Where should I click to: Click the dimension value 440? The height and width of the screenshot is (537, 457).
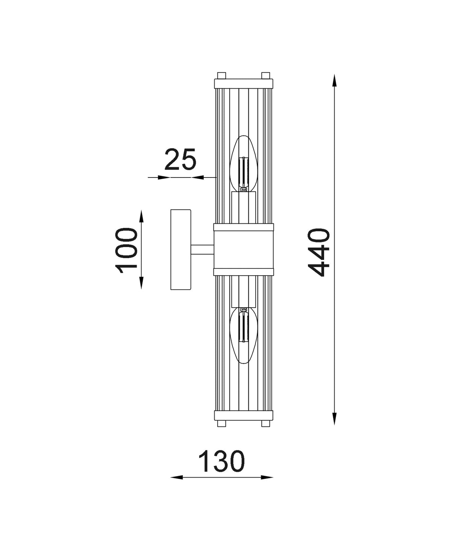(x=318, y=253)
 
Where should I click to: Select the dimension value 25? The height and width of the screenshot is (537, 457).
(x=181, y=159)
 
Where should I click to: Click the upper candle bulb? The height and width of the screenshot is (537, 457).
(x=244, y=164)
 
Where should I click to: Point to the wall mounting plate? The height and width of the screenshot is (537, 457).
(x=181, y=250)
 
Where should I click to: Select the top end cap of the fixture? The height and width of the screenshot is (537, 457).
(x=244, y=83)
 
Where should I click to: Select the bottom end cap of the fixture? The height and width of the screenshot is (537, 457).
(x=244, y=416)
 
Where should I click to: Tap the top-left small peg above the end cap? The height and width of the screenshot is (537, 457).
(x=221, y=75)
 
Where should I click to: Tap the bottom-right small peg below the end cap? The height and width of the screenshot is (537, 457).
(x=266, y=424)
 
